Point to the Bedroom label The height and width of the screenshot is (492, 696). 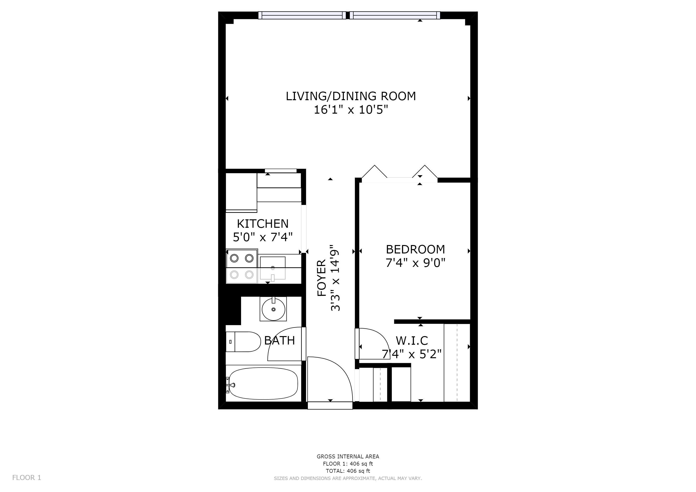point(415,249)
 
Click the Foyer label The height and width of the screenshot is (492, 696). point(322,278)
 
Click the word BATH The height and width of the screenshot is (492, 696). point(280,340)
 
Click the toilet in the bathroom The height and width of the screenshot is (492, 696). point(243,342)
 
